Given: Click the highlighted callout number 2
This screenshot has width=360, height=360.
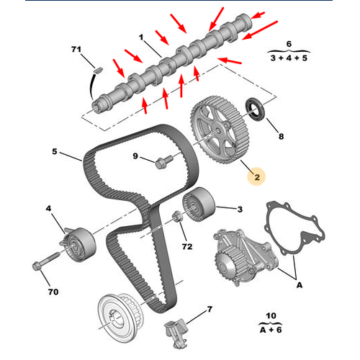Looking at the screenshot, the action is point(257,177).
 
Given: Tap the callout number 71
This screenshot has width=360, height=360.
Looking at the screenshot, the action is point(76,50).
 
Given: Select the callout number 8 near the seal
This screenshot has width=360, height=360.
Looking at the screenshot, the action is point(281,137).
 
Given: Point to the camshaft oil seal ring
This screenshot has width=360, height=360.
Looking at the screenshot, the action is point(255,109).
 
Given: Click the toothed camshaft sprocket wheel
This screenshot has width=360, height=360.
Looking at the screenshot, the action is point(220,130).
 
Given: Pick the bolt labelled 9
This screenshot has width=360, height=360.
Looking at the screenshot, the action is point(163,162).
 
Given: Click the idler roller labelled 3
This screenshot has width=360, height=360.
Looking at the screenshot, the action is point(199,204).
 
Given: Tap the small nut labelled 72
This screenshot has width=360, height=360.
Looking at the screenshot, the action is point(177,216).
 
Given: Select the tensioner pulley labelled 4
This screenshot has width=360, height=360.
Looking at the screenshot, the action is point(78,244).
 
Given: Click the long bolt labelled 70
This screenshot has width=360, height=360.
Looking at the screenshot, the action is point(45,261).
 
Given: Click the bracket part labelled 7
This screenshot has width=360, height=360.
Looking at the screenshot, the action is point(176,333).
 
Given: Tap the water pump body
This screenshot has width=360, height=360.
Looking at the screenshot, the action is point(245,257).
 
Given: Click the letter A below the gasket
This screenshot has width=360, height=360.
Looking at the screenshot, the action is point(300,285).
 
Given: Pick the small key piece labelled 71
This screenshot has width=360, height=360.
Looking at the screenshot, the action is point(98,70).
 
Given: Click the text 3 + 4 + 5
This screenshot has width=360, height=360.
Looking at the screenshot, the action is point(289,58).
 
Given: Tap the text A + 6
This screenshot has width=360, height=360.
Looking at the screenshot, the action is point(271,330).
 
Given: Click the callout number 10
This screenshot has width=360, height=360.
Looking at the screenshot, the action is point(271,316).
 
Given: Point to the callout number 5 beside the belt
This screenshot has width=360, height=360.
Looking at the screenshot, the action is point(55,152).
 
